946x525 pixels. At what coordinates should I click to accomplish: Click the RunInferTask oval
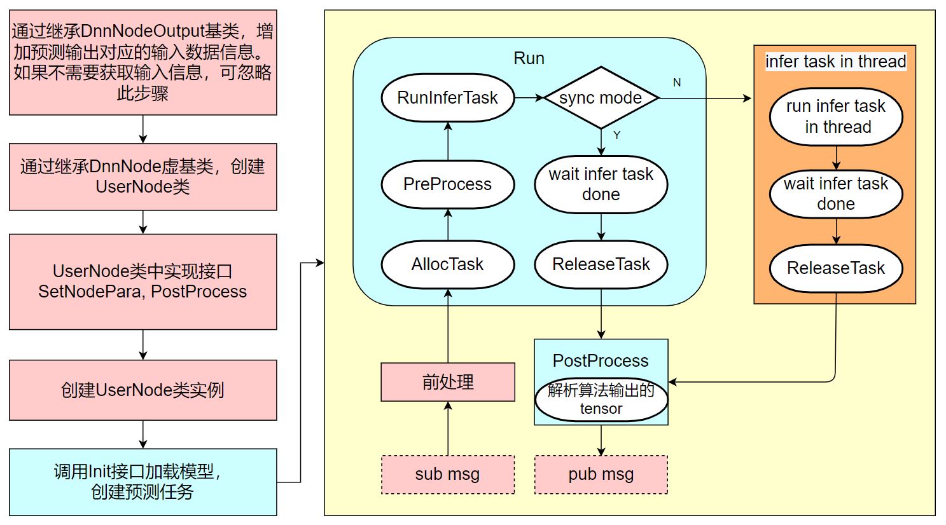[x=447, y=98]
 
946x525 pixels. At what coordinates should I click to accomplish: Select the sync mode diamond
[x=601, y=98]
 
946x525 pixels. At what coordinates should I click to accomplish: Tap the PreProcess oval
[x=447, y=184]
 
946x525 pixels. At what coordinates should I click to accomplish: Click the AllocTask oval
[x=447, y=264]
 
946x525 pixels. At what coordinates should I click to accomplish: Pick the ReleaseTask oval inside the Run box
[x=601, y=264]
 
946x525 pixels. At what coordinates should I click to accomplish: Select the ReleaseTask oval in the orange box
[x=835, y=268]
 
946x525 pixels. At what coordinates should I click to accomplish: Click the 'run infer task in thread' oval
[x=835, y=116]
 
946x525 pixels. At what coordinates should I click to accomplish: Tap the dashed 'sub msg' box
[x=447, y=474]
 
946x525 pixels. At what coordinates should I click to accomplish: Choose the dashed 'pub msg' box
[x=601, y=474]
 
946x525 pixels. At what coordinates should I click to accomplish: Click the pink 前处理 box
[x=447, y=382]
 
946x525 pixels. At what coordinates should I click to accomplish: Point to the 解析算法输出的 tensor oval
[x=601, y=400]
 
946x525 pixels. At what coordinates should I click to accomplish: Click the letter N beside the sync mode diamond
[x=677, y=83]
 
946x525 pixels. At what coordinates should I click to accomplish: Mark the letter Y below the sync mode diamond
[x=616, y=135]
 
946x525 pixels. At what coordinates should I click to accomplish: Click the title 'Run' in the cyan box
[x=529, y=58]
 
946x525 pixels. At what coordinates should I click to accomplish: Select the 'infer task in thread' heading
[x=835, y=62]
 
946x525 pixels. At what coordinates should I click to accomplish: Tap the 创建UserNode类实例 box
[x=143, y=390]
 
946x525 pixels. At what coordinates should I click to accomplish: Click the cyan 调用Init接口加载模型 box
[x=143, y=482]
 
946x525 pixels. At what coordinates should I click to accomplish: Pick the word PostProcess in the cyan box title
[x=601, y=361]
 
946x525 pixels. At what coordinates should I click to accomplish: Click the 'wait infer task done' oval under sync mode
[x=601, y=184]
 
